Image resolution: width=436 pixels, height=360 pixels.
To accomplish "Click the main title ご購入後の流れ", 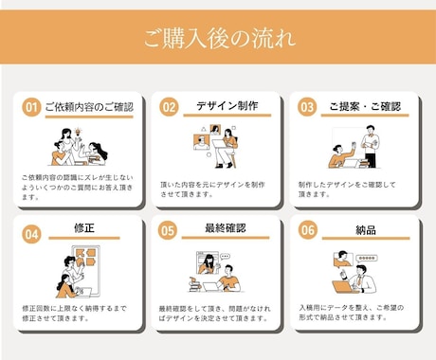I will click(218, 39).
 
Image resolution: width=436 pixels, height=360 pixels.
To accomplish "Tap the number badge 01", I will click(31, 108).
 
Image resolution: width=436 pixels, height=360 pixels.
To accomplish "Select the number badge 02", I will click(169, 108).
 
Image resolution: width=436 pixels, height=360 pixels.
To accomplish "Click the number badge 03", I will click(306, 108).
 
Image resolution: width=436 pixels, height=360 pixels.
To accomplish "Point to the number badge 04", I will click(31, 231).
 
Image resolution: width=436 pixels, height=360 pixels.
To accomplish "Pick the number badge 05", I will click(169, 231).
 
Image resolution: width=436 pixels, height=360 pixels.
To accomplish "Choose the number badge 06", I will click(306, 231).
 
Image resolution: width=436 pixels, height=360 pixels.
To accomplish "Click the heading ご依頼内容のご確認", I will click(88, 107).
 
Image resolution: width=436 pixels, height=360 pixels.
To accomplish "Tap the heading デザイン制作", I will click(227, 106).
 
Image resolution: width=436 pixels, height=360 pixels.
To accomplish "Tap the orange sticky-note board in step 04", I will click(86, 260).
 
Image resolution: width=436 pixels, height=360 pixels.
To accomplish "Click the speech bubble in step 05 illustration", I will click(226, 256).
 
